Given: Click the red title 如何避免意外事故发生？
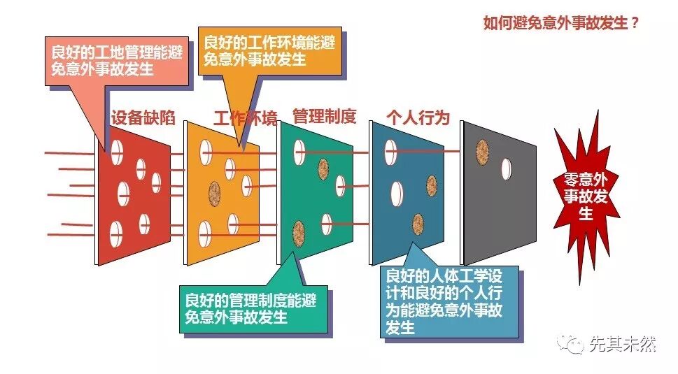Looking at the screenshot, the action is (x=561, y=22).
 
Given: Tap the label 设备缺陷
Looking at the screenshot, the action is (x=143, y=117).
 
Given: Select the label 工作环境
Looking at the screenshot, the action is (x=245, y=117).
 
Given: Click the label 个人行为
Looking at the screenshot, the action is (x=418, y=117).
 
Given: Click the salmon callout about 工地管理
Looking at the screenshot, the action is (x=118, y=60).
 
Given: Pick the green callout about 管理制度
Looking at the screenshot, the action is (x=250, y=308).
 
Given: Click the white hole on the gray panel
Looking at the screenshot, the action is (x=506, y=168).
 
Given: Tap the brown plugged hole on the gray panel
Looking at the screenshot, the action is (x=482, y=149).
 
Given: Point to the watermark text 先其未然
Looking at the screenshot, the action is (x=622, y=344).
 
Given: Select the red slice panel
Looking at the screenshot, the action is (x=133, y=203).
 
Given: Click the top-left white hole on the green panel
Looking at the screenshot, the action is (x=299, y=148).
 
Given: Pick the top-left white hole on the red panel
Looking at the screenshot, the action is (x=117, y=148).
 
